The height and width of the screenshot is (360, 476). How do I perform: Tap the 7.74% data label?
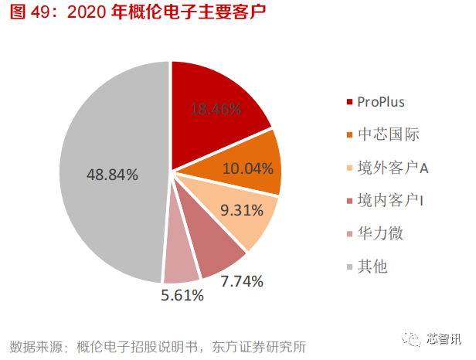(242, 281)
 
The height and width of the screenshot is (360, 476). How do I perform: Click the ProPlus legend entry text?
(380, 102)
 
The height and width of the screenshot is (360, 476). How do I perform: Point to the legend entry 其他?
(372, 267)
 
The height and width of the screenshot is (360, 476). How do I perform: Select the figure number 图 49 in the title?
(26, 15)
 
